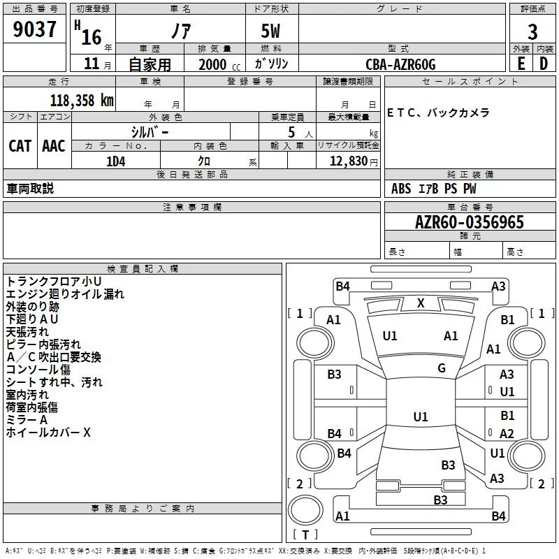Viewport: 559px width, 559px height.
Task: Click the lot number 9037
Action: [x=35, y=30]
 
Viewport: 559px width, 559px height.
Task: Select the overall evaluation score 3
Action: [x=532, y=32]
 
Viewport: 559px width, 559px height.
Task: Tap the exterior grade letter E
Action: [x=521, y=63]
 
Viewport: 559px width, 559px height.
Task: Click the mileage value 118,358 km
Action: [x=82, y=100]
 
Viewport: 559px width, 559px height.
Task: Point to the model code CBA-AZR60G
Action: [x=400, y=64]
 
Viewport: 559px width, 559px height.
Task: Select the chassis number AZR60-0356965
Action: [x=469, y=222]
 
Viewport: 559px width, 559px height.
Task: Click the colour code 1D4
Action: [x=115, y=160]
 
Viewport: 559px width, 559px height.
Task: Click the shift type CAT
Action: [x=20, y=145]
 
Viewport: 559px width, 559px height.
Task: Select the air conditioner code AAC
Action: [x=54, y=145]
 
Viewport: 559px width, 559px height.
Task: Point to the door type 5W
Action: [x=272, y=32]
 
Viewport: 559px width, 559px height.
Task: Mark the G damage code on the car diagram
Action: [x=442, y=368]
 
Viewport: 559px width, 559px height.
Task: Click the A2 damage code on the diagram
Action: [x=507, y=433]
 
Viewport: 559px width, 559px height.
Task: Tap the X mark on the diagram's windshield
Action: [x=421, y=303]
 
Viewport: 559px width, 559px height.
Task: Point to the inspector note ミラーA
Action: [x=27, y=420]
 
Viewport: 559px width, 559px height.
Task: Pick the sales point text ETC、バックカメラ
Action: [x=438, y=112]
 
